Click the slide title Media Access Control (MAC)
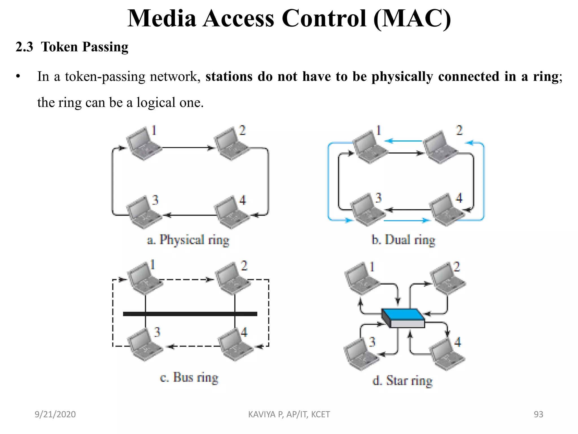289,19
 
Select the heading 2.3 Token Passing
72,47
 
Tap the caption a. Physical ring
188,240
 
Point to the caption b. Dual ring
403,240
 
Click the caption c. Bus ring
189,377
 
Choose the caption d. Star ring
402,380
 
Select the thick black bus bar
190,314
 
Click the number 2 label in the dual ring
459,130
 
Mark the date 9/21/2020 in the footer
55,414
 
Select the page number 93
538,414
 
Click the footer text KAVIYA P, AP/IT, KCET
289,414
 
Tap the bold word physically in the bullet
402,77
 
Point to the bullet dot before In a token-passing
18,77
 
